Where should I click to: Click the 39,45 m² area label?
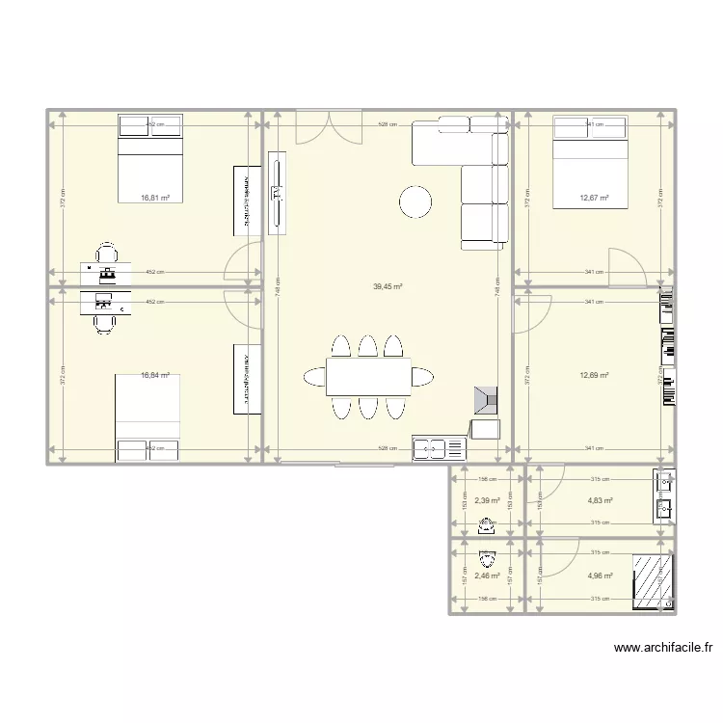pos(388,286)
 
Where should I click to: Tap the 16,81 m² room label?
pos(155,198)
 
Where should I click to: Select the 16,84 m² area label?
pos(155,376)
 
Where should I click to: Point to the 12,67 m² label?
pos(594,198)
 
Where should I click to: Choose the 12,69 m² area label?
pos(594,376)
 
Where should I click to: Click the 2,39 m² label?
pos(487,500)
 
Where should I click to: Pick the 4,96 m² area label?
pos(600,576)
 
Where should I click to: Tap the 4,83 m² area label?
pos(600,500)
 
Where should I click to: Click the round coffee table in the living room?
pos(416,201)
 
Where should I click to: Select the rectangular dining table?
pos(368,377)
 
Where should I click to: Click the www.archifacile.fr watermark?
pos(663,649)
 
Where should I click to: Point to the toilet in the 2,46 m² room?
pos(487,558)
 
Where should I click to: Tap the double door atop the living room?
pos(327,126)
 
